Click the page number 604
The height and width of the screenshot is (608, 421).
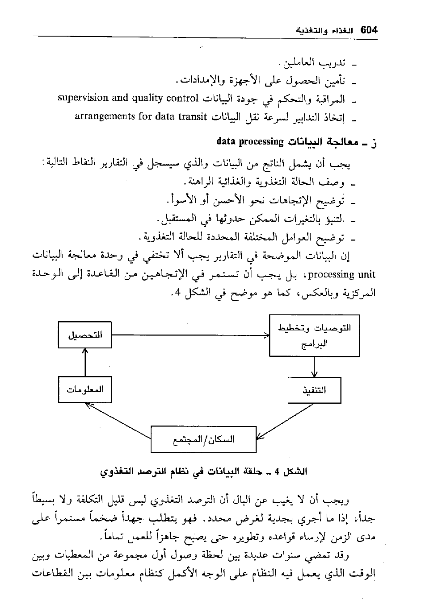[x=368, y=30]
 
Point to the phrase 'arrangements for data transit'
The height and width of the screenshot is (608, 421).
[x=141, y=117]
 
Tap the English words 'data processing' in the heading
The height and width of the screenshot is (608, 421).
[x=250, y=142]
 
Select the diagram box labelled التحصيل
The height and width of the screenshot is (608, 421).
[x=85, y=335]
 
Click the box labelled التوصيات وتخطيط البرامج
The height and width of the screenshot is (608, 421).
[x=315, y=335]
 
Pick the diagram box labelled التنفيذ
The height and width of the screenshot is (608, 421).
[x=315, y=390]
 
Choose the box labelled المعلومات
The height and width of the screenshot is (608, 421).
[x=85, y=389]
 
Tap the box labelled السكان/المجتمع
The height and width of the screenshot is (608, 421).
[x=204, y=439]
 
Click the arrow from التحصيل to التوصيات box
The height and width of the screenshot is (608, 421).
[x=190, y=335]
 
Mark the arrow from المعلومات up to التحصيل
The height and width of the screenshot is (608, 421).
[x=85, y=362]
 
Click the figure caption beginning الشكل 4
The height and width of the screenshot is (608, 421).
[x=204, y=472]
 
